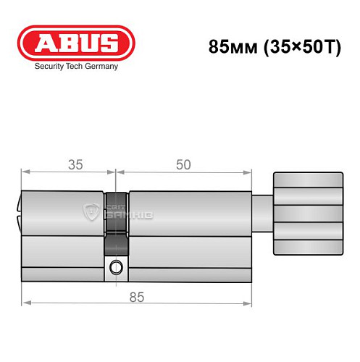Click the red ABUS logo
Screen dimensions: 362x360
tap(76, 43)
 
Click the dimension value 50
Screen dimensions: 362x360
tap(183, 164)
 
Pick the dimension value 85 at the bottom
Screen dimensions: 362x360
tap(138, 295)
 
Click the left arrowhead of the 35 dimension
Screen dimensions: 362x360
tap(24, 173)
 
